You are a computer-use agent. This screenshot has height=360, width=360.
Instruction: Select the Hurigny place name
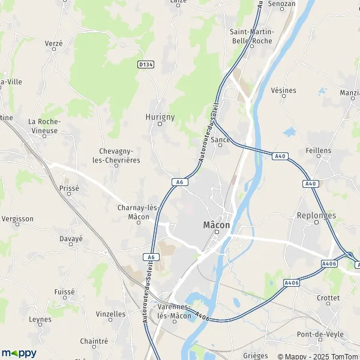160,116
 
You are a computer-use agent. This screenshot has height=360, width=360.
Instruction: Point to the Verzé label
53,43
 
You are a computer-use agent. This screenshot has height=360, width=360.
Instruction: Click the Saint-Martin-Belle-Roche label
251,36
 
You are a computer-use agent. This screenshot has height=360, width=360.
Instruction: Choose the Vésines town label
284,91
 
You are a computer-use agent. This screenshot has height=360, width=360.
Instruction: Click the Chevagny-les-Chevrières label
120,156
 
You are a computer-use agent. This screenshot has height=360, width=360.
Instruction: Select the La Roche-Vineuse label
43,126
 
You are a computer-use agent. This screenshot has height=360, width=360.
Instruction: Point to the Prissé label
69,188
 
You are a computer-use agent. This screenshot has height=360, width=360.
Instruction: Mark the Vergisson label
18,219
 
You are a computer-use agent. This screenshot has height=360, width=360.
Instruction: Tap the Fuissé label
64,292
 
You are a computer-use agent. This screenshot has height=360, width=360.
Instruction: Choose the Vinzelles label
111,313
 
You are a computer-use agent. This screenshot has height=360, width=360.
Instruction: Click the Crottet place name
328,298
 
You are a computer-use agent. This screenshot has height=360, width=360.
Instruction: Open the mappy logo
19,353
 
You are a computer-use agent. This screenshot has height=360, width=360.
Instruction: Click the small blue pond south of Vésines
290,132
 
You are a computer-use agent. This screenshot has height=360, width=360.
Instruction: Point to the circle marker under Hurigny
160,124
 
